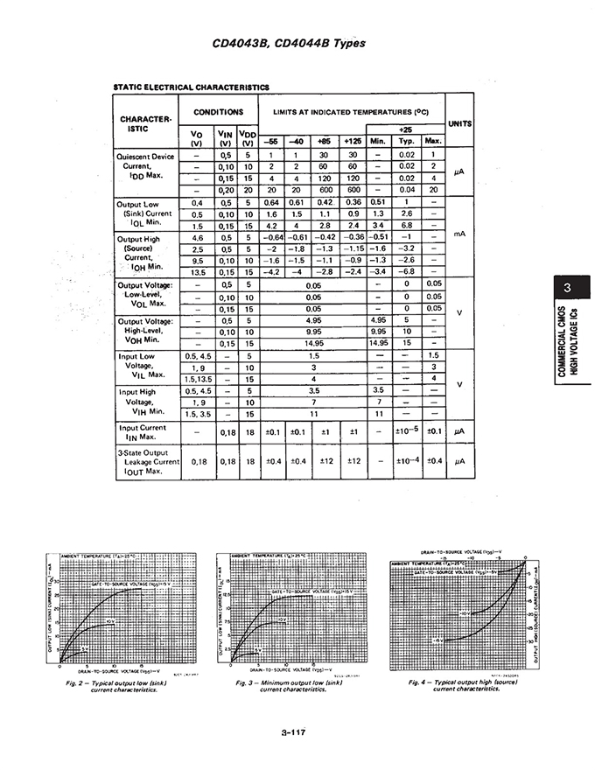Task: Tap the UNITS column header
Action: coord(460,123)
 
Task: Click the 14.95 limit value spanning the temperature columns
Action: coord(312,344)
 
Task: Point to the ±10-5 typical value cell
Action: coord(406,430)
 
